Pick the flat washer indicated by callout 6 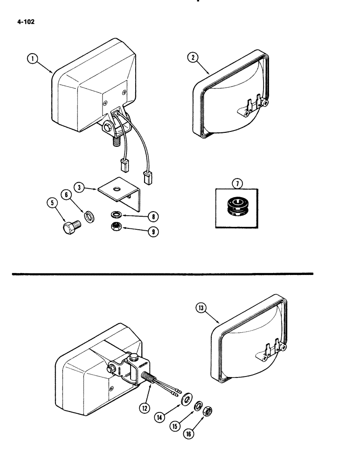89,217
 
